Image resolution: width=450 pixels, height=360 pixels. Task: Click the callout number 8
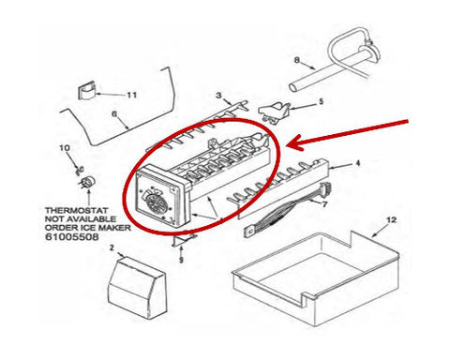click(297, 59)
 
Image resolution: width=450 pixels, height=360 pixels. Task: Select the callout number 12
click(391, 219)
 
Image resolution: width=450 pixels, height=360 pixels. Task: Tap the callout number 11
click(131, 95)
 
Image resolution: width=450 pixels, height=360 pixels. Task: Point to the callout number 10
click(65, 148)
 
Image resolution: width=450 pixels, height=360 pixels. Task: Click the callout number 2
click(112, 247)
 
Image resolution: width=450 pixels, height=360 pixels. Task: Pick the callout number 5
click(321, 101)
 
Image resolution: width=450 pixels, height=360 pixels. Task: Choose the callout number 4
click(358, 163)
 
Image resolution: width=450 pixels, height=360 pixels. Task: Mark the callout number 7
click(324, 204)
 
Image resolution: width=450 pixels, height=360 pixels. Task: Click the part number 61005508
click(72, 236)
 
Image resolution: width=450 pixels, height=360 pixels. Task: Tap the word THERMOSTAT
click(77, 210)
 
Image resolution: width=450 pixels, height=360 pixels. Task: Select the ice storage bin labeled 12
click(316, 275)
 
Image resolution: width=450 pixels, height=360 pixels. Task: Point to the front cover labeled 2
click(137, 289)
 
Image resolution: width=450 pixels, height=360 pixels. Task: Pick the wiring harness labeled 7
click(286, 209)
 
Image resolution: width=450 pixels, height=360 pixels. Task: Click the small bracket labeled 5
click(273, 112)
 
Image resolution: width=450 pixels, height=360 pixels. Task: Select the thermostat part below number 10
click(87, 182)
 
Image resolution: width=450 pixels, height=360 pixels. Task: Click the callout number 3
click(218, 95)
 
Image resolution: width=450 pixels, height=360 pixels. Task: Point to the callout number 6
click(114, 114)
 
